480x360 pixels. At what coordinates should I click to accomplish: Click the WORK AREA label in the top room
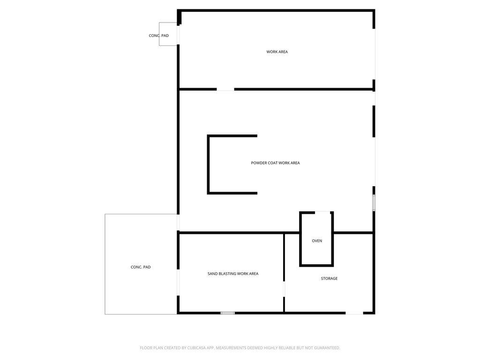point(277,52)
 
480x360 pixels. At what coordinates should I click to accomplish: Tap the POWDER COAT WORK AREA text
point(275,163)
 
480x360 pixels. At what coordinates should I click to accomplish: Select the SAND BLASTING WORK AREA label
point(233,274)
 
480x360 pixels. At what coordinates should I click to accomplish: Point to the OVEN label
point(317,241)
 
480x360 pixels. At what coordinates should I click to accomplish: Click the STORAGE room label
point(329,278)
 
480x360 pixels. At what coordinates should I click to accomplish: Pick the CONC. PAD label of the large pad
point(141,267)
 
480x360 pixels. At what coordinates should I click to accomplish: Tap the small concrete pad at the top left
point(168,34)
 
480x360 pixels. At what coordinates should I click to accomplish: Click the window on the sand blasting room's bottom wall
point(228,313)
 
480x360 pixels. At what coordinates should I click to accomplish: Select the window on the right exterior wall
point(374,202)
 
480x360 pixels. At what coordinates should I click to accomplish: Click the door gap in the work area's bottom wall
point(225,89)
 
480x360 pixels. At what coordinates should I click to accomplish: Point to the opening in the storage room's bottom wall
point(354,313)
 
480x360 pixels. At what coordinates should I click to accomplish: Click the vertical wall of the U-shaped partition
point(209,165)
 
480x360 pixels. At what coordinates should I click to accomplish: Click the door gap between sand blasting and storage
point(284,289)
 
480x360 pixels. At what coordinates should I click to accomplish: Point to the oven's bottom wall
point(316,265)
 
